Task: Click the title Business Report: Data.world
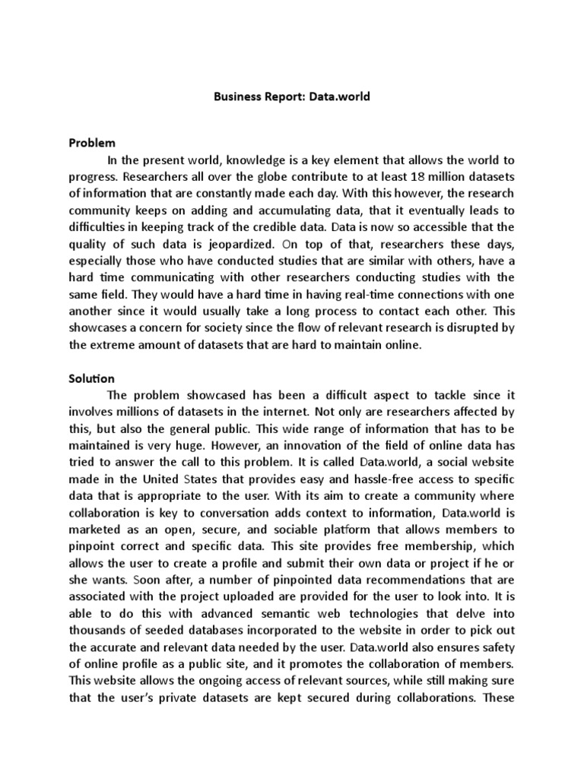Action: (291, 98)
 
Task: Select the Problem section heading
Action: (91, 142)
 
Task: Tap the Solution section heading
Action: (91, 378)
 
